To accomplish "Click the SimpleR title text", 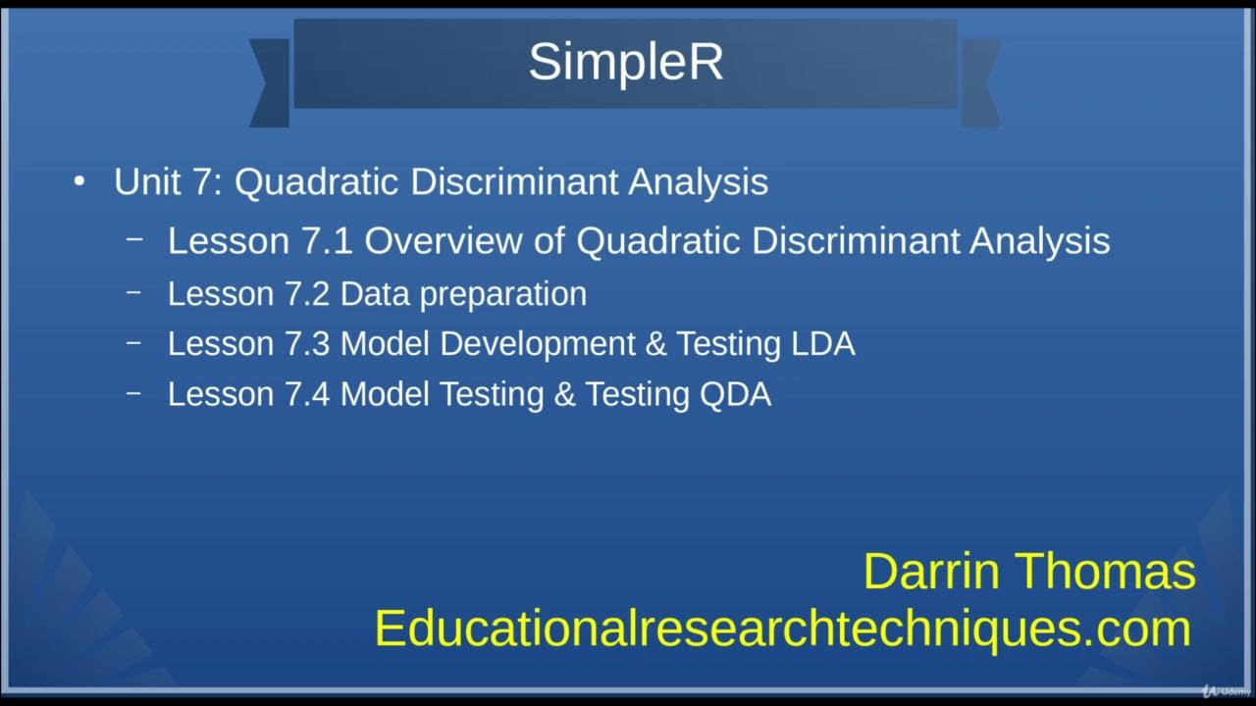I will click(625, 62).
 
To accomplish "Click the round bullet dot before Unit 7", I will click(79, 181).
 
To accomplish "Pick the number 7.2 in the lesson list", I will click(307, 294).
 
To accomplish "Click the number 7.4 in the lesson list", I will click(307, 394).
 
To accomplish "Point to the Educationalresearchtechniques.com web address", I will click(782, 628).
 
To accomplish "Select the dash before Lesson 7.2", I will click(135, 292).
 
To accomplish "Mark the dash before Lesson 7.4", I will click(135, 392).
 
